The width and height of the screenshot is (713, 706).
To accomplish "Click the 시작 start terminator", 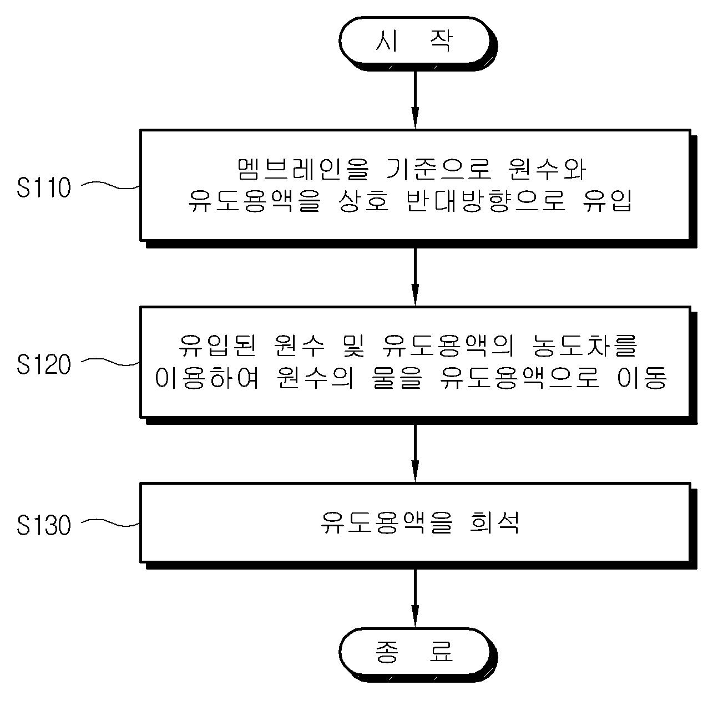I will pyautogui.click(x=414, y=42).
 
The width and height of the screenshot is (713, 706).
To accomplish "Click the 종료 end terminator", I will pyautogui.click(x=414, y=652).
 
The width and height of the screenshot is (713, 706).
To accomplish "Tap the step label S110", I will pyautogui.click(x=44, y=188).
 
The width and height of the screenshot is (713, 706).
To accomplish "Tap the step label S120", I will pyautogui.click(x=44, y=364).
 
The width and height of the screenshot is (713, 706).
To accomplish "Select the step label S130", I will pyautogui.click(x=44, y=525).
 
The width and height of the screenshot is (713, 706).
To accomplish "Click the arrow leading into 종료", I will pyautogui.click(x=414, y=596).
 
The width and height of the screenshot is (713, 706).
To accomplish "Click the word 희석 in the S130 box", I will pyautogui.click(x=493, y=522).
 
